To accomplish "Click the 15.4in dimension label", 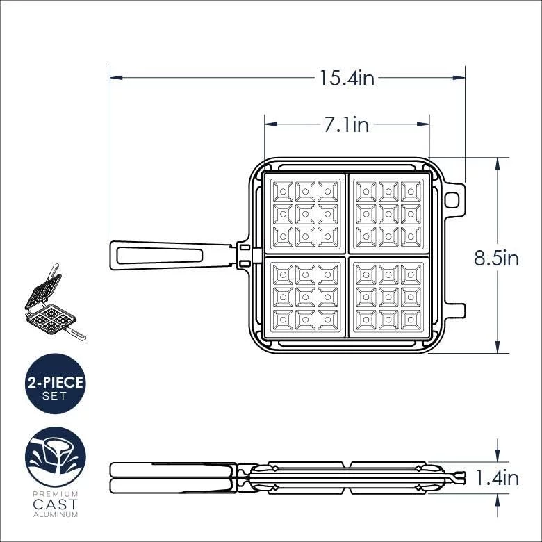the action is [347, 79].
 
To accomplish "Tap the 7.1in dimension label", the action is [346, 124].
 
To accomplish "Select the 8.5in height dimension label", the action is [496, 258].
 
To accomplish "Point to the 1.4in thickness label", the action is [497, 478].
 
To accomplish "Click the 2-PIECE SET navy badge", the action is [56, 384].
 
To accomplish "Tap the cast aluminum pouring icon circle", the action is [56, 457].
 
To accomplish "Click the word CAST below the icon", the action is [56, 504].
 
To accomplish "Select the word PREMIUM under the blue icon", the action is [56, 494].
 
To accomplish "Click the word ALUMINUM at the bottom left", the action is [56, 515].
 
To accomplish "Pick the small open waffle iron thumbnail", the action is [55, 303].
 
